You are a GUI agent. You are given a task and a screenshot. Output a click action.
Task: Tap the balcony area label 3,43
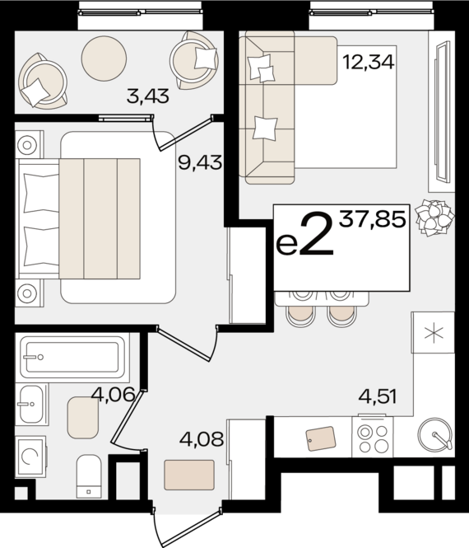click(148, 97)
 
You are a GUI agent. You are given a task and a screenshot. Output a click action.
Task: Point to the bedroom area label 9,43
click(200, 162)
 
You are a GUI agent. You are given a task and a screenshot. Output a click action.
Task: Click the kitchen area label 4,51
click(377, 396)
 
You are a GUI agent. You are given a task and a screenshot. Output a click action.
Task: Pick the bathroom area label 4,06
click(113, 395)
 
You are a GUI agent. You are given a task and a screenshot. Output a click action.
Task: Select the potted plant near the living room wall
click(434, 217)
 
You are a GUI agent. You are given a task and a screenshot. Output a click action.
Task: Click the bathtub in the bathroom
click(72, 357)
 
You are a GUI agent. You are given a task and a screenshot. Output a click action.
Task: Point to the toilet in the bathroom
click(88, 475)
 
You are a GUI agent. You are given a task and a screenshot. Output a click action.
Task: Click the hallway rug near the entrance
click(189, 475)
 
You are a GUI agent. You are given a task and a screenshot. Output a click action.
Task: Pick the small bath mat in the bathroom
click(83, 418)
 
